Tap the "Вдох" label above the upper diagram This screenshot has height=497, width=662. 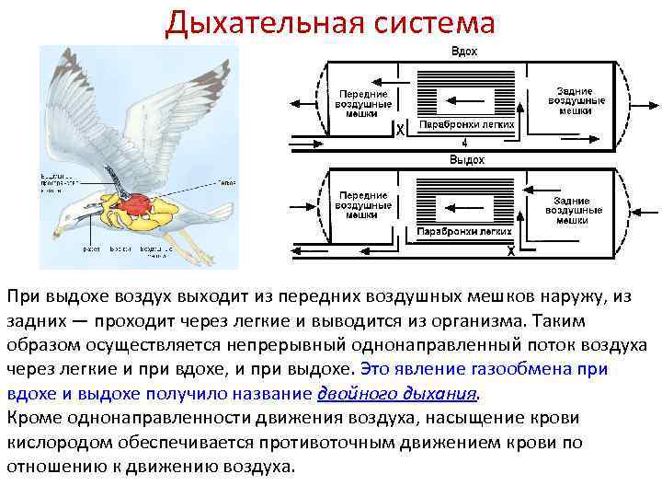point(463,52)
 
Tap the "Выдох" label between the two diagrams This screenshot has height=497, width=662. point(466,159)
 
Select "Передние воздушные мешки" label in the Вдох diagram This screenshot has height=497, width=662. point(364,104)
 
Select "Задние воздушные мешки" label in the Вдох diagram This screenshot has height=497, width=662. point(575,100)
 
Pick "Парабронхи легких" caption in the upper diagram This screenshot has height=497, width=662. point(466,123)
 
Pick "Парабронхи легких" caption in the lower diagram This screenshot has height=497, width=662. point(464,232)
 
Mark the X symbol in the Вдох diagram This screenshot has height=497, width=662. point(399,131)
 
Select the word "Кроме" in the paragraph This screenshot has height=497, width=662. point(30,417)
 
